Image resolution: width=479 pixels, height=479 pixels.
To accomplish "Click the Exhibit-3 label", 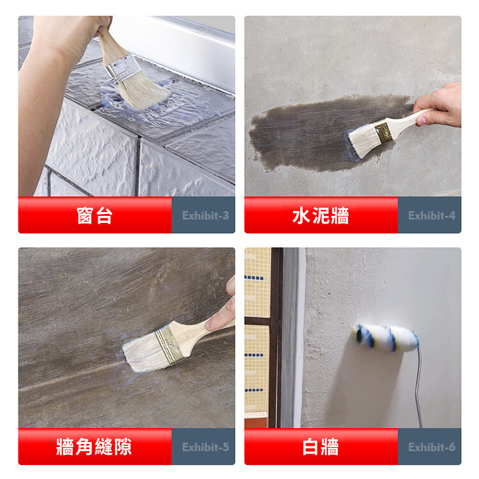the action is click(205, 215).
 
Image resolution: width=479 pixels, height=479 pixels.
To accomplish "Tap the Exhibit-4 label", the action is click(432, 215).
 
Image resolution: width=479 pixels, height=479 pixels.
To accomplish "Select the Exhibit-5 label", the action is click(205, 447).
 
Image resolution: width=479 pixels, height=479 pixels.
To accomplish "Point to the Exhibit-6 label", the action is click(432, 447).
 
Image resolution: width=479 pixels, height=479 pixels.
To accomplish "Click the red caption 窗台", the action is click(95, 215).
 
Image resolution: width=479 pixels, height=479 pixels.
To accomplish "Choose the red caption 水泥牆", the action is click(321, 215).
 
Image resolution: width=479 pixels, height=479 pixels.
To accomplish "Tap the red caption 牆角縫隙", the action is click(94, 447).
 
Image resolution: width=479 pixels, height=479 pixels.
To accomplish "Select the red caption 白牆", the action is click(321, 447).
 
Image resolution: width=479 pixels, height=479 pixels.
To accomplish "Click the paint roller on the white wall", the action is click(386, 338).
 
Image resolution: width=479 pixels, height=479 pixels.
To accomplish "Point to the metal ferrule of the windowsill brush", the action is click(123, 69).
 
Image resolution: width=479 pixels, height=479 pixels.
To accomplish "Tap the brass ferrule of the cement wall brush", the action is click(384, 132).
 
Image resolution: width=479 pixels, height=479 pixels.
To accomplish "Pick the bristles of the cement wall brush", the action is click(363, 140).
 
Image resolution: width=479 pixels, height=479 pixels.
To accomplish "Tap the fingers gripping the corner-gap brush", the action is click(222, 308).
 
